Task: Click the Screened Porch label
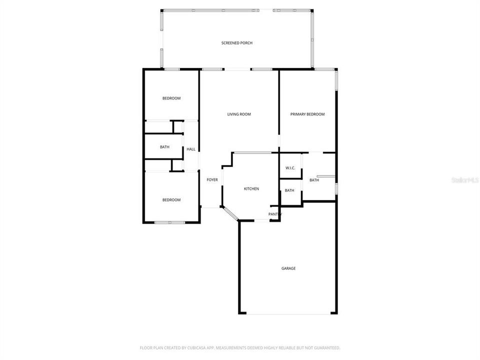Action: click(236, 43)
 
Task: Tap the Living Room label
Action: click(239, 114)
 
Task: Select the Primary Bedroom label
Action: click(307, 114)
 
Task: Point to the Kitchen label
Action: click(251, 189)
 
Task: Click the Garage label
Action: click(288, 268)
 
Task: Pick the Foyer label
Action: click(212, 180)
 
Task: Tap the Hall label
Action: click(191, 149)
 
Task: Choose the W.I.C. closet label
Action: click(290, 168)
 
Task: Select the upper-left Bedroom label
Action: click(171, 98)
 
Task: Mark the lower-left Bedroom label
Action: click(171, 200)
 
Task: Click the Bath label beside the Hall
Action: click(164, 147)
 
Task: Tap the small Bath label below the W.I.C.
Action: click(289, 190)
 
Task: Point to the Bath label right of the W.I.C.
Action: click(314, 180)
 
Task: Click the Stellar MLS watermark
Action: click(465, 179)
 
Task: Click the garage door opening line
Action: click(288, 314)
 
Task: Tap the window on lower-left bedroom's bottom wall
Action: click(169, 222)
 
